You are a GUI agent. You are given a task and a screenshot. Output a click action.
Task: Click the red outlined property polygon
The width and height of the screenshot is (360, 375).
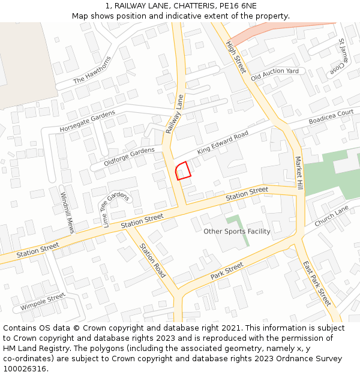point(183,170)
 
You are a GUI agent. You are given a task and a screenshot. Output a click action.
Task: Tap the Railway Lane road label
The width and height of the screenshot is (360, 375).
point(175,114)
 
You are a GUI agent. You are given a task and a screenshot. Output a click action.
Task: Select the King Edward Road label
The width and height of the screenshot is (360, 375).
point(223,143)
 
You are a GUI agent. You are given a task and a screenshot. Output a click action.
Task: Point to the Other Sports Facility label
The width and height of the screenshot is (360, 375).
point(237,232)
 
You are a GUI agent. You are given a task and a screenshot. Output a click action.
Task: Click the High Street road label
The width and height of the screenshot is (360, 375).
point(236,57)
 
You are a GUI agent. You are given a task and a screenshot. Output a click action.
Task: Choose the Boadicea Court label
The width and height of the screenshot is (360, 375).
point(331,117)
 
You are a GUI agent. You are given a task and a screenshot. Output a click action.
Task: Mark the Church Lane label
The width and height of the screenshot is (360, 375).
point(331,216)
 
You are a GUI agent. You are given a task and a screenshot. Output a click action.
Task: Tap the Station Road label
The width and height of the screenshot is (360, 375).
point(152,264)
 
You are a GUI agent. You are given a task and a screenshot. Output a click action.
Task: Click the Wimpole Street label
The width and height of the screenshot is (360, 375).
point(42,301)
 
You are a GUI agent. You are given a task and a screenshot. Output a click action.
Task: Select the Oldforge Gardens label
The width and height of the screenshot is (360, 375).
point(129,157)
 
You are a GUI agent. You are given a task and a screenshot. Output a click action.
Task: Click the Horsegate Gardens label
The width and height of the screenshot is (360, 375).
point(88,122)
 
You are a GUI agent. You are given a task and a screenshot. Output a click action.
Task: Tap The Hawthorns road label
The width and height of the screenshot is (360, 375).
point(92,71)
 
